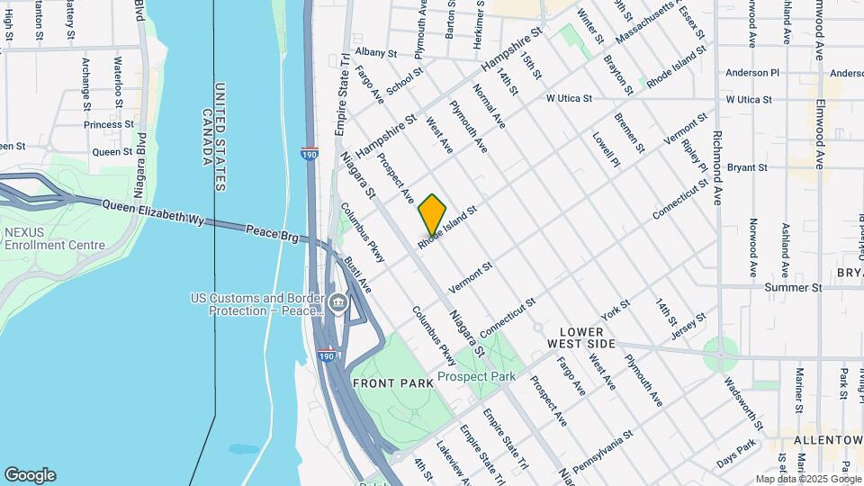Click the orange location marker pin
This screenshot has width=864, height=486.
pyautogui.click(x=432, y=214)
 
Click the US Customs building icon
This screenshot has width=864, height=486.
pyautogui.click(x=337, y=302)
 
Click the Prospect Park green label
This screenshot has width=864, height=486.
pyautogui.click(x=476, y=376)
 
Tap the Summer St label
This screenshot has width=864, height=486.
pyautogui.click(x=793, y=287)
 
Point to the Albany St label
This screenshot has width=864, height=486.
pyautogui.click(x=375, y=53)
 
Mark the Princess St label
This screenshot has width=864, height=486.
pyautogui.click(x=109, y=124)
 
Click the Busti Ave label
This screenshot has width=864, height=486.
pyautogui.click(x=357, y=274)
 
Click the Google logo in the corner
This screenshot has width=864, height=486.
pyautogui.click(x=30, y=474)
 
